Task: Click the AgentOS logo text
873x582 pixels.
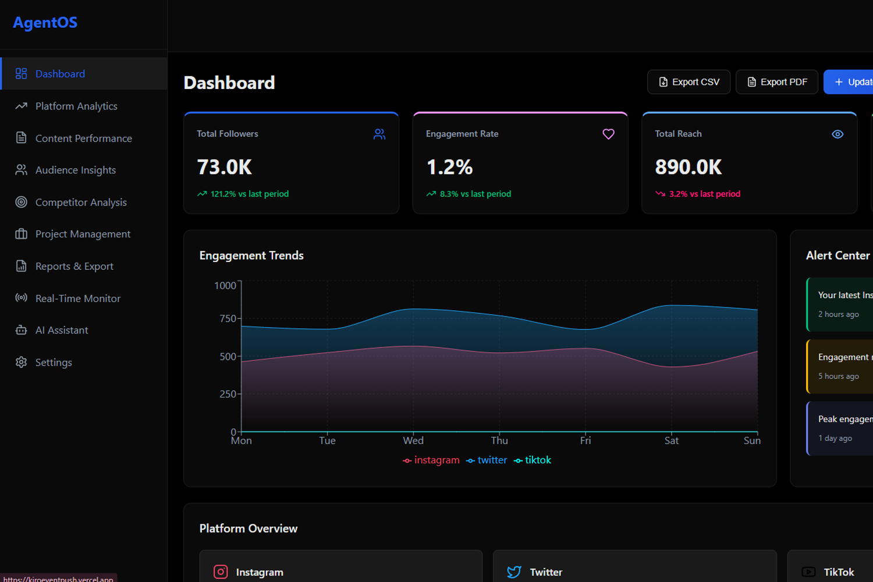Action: (x=45, y=23)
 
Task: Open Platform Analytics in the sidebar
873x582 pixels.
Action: (x=76, y=106)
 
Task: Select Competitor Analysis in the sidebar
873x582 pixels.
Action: (x=81, y=202)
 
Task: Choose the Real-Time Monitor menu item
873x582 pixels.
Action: (x=78, y=298)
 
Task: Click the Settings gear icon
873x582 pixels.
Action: (x=22, y=362)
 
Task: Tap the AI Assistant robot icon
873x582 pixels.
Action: (x=22, y=330)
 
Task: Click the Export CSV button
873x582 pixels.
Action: (x=689, y=82)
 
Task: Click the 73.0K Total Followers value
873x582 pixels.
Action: (x=225, y=168)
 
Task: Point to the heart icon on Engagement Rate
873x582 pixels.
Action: (x=608, y=134)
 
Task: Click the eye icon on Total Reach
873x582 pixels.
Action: (x=837, y=134)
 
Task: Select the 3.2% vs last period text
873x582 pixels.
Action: (x=704, y=194)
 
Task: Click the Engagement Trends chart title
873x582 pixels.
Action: (x=251, y=255)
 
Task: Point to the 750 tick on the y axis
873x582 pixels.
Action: (x=228, y=318)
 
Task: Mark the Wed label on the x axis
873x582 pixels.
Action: (x=413, y=441)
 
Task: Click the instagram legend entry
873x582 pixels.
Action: (x=431, y=460)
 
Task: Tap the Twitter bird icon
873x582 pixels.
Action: (x=514, y=572)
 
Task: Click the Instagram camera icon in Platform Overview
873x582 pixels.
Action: (x=221, y=572)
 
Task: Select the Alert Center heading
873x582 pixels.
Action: (x=837, y=255)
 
